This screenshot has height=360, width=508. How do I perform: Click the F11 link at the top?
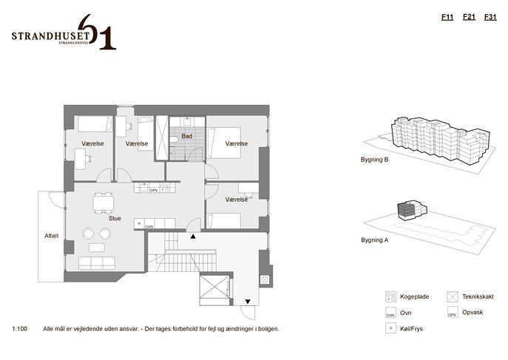coord(447,17)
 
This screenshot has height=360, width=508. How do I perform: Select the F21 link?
coord(469,17)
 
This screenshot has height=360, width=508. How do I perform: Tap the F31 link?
coord(490,17)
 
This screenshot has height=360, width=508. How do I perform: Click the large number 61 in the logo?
coord(97,32)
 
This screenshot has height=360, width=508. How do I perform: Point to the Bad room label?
coord(186,136)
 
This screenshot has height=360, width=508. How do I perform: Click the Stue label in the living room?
coord(115,219)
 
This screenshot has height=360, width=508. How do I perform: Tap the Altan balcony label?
coord(52,236)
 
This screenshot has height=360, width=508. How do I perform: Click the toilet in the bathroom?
coord(174,140)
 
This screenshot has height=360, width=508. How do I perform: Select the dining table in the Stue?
coord(104,203)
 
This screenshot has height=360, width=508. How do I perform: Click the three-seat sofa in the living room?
coord(97,263)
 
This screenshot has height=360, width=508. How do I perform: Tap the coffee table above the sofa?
coord(97,248)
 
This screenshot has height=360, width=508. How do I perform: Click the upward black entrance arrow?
coord(193,237)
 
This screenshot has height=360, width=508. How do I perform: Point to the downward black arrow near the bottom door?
coord(248,302)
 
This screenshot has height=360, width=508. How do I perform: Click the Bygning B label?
coord(374,160)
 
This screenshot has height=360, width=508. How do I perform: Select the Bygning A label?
coord(374,240)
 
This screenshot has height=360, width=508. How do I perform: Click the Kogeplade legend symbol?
coord(390,297)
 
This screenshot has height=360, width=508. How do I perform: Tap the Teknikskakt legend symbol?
coord(453,297)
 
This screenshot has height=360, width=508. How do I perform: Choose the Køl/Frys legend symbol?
coord(390,328)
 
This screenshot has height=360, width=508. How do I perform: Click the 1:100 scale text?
coord(19,329)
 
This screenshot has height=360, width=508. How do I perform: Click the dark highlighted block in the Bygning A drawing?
coord(406,210)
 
